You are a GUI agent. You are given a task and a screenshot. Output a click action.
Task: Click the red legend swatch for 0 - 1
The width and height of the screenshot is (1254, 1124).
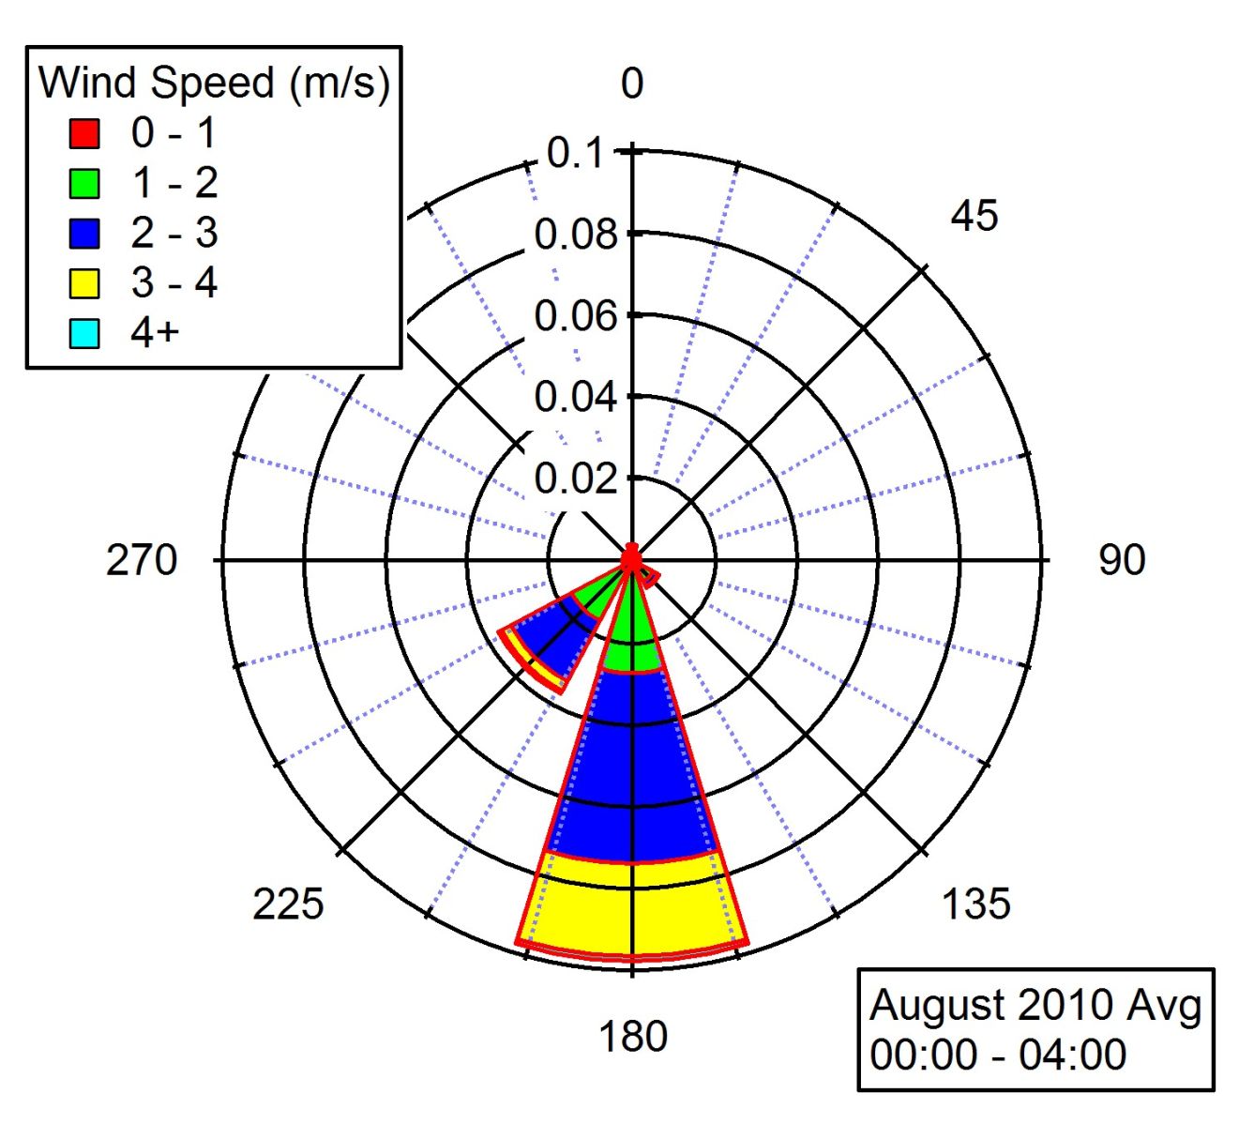(84, 133)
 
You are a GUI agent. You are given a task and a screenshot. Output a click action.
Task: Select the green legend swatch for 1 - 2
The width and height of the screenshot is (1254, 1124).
(84, 183)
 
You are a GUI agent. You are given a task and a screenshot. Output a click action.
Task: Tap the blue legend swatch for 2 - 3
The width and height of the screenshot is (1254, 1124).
(84, 233)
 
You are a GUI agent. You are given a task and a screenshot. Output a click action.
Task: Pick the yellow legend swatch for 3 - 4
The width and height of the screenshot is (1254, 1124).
(84, 283)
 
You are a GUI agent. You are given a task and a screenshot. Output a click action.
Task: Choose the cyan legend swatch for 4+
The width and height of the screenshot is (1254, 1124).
(84, 333)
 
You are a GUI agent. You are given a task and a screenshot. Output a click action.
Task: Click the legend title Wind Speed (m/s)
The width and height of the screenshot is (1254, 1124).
(214, 83)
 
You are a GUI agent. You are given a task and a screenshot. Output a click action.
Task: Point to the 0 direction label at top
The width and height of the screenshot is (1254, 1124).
(632, 84)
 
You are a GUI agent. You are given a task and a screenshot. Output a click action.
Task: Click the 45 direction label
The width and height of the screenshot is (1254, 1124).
(974, 217)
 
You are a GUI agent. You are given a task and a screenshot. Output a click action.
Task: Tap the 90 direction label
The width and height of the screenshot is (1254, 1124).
(1121, 560)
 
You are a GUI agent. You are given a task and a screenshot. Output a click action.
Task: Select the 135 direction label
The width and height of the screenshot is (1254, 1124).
(975, 904)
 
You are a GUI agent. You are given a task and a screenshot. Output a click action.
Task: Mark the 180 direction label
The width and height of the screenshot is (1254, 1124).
(633, 1037)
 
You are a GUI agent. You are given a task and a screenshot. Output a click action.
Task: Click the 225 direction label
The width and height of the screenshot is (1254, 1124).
(288, 904)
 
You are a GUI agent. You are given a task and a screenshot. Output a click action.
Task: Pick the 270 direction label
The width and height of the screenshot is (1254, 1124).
(142, 560)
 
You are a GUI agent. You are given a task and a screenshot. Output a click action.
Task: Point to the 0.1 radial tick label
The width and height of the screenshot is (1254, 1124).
(574, 153)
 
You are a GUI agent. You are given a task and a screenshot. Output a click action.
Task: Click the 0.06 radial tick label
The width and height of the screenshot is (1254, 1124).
(576, 316)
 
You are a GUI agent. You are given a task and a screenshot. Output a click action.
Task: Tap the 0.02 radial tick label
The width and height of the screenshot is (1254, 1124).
(576, 479)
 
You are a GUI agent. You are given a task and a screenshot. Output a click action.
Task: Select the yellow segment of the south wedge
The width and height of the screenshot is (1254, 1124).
(631, 905)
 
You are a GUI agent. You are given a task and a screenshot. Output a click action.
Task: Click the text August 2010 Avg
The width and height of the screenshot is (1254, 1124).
(1035, 1006)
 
